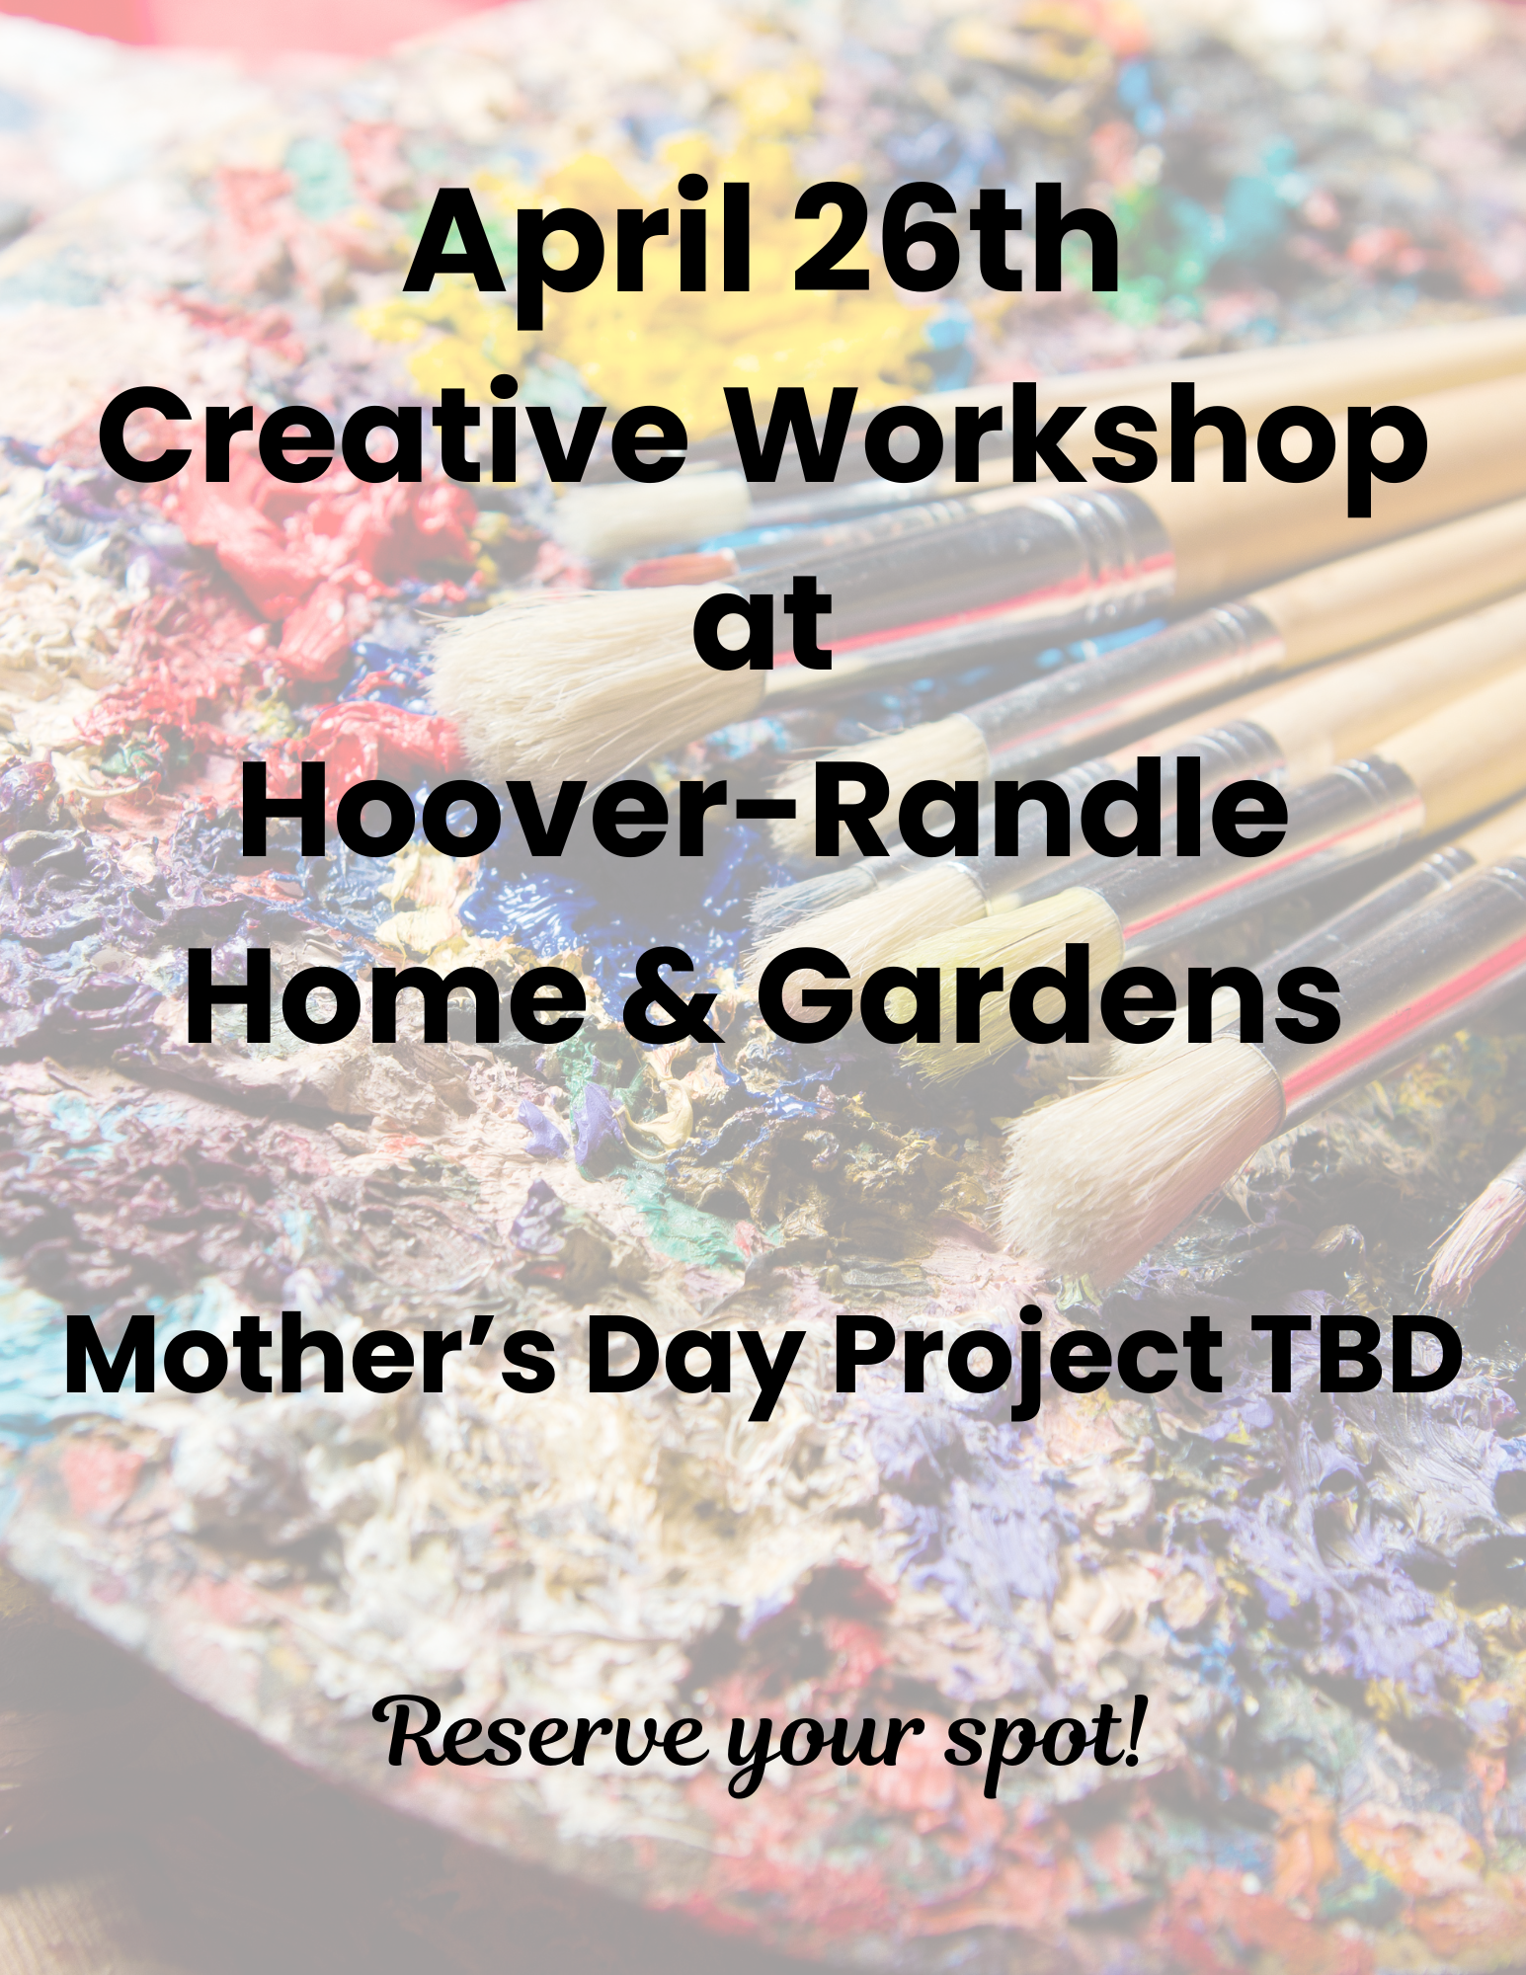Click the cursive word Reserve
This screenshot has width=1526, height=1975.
tap(543, 1736)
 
